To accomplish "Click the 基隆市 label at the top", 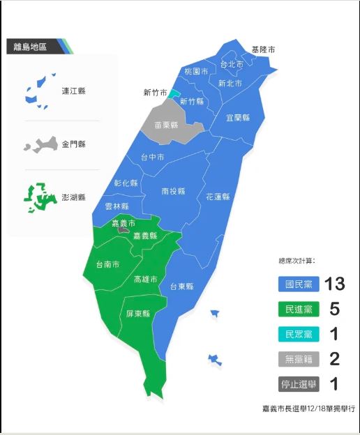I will [263, 49].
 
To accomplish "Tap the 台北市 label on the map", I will [231, 65].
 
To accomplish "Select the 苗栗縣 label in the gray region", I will [166, 125].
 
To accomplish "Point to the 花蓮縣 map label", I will [217, 197].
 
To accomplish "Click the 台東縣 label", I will [181, 286].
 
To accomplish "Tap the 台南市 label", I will [107, 264].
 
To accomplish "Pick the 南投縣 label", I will [173, 190].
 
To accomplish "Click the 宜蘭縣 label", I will [239, 118].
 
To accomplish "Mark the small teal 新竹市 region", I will [174, 93].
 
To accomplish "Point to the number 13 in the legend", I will [331, 284].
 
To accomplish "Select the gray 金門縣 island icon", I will [39, 145].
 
